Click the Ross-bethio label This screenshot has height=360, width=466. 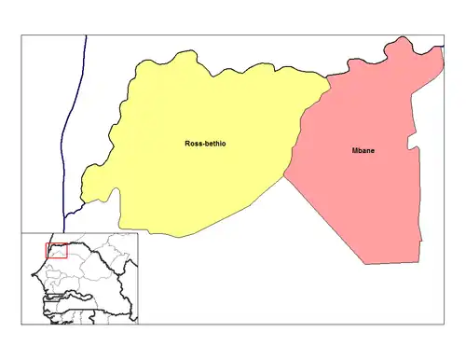(x=208, y=144)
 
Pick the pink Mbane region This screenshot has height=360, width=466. (x=363, y=196)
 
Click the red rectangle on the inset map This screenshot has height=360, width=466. (x=56, y=251)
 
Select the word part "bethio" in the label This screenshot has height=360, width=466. (x=219, y=144)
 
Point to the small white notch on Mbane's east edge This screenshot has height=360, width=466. (x=411, y=145)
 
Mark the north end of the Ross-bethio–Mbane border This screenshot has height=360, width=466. (x=330, y=83)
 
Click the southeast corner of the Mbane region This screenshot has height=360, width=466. (x=418, y=263)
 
